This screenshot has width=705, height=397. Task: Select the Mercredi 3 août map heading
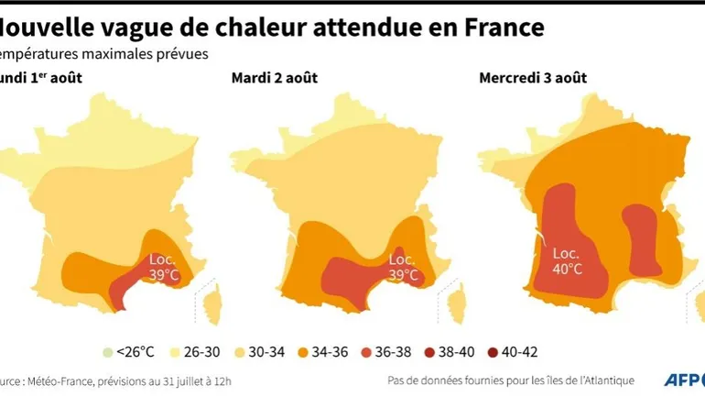[x=530, y=78]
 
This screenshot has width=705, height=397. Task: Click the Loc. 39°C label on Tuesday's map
[x=404, y=266]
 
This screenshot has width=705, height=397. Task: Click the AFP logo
[x=680, y=380]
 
